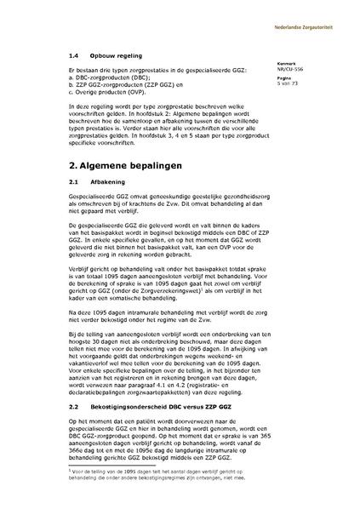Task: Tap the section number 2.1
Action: pos(74,182)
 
